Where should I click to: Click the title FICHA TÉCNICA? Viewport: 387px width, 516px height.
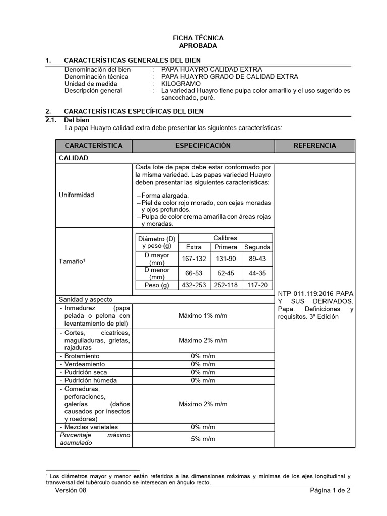[198, 38]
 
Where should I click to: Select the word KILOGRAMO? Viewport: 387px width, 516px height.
[180, 84]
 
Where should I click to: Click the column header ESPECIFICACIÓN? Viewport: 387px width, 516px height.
[203, 146]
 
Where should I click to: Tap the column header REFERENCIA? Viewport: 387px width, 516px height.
[314, 146]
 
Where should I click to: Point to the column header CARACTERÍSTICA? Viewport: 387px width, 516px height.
[94, 146]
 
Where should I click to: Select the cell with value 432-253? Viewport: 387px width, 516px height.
[193, 285]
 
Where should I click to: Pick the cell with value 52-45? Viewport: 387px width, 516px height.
[226, 273]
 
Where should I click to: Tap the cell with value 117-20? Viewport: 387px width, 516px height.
[257, 285]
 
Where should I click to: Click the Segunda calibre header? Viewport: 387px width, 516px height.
[257, 247]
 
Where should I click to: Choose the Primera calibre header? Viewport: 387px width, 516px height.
[226, 247]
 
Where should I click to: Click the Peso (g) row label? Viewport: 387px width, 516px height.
[157, 285]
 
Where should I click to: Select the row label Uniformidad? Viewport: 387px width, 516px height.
[77, 195]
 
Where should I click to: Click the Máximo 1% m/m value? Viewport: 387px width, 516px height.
[203, 316]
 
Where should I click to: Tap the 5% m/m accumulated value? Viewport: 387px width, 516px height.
[203, 439]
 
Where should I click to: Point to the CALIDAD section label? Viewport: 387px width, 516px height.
[74, 158]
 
